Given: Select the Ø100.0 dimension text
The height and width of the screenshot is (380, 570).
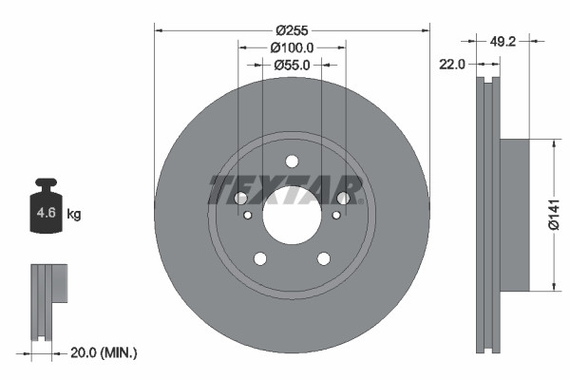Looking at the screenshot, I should point(292,47).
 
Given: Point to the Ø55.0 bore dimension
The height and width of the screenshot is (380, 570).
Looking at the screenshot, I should point(292,66).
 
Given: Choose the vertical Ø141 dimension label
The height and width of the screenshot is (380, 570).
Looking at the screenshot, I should point(558,216).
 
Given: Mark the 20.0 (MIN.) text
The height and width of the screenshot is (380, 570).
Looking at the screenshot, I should point(104,352).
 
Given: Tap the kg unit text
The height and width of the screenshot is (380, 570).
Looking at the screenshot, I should point(74,215).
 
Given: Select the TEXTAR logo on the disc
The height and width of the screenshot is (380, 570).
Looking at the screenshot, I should point(286,190).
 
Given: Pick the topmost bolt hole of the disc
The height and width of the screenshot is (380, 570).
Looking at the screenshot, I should point(292,161).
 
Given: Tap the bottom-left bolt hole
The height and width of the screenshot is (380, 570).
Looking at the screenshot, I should point(259,257).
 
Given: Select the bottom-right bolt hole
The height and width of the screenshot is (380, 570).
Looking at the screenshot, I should point(323,257).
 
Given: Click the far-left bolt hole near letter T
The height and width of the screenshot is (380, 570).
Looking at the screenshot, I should point(240,199).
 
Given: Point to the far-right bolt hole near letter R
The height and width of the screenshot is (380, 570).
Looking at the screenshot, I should point(344,198).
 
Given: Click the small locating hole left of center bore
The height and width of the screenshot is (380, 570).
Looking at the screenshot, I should point(248,216).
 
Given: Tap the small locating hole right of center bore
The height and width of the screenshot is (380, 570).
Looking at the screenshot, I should point(335,216).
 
